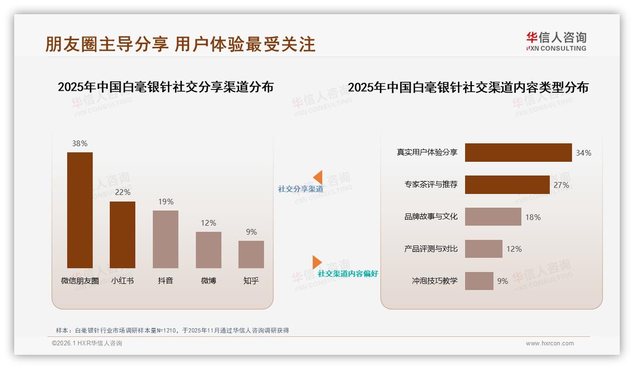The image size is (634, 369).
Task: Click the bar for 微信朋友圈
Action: [80, 210]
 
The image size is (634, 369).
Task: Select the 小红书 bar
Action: [123, 235]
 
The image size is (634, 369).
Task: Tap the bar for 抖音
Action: [166, 239]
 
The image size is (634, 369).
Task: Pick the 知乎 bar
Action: [251, 254]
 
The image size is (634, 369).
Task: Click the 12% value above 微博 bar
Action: [208, 223]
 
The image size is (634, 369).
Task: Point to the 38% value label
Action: [80, 144]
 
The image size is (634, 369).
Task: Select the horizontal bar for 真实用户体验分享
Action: [518, 153]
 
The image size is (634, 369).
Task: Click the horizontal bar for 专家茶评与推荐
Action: [507, 185]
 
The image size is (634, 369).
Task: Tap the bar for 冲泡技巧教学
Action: [479, 281]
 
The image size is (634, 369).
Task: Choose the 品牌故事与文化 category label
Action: [431, 217]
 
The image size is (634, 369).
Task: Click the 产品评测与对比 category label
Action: [431, 249]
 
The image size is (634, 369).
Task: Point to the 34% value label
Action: [583, 153]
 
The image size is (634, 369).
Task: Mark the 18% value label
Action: [533, 217]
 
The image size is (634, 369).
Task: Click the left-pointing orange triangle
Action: [318, 177]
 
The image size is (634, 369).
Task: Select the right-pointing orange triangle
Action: [317, 262]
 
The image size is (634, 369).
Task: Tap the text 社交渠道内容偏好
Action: [348, 274]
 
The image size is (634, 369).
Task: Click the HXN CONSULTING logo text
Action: [556, 48]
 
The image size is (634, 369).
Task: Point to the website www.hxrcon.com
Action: [550, 343]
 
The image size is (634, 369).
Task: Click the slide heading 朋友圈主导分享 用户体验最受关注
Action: [180, 44]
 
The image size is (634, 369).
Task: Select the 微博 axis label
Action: [208, 281]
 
